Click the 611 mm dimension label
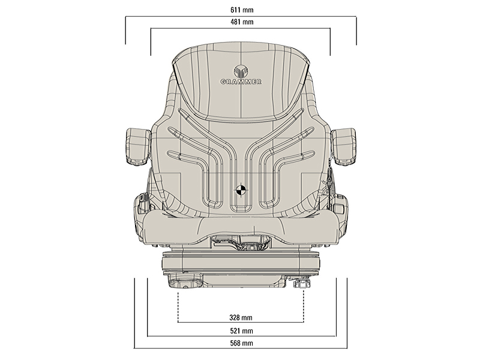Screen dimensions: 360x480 240,10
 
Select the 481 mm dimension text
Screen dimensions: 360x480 240,22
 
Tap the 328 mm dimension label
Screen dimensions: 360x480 240,317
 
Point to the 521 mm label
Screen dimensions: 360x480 240,330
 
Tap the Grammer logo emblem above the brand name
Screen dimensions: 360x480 240,68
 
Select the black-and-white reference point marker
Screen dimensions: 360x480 241,190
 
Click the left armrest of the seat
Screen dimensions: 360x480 139,146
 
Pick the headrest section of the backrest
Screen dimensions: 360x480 240,78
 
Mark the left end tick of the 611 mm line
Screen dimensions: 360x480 125,31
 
